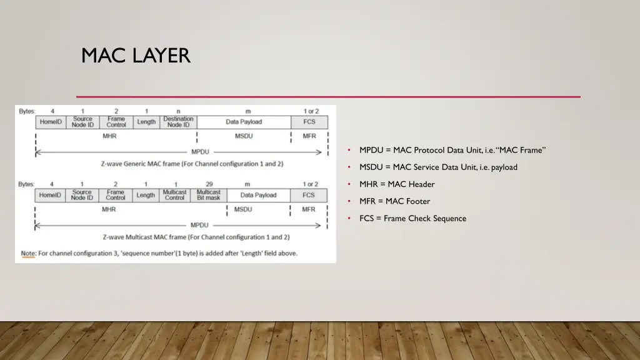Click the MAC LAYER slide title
click(136, 56)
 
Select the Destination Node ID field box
click(178, 122)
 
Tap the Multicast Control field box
click(174, 195)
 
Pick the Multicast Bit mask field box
click(209, 195)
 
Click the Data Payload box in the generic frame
click(244, 122)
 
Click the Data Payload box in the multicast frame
click(258, 195)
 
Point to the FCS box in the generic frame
click(309, 122)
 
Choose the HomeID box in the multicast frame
click(50, 195)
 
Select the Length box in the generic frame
click(146, 122)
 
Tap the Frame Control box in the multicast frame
click(115, 195)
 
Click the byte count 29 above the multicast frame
click(209, 184)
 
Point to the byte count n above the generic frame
click(178, 111)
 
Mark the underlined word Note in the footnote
click(28, 253)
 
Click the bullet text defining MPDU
click(452, 150)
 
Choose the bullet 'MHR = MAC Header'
click(397, 184)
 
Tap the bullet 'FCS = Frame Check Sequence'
click(412, 218)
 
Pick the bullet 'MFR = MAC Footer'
click(394, 201)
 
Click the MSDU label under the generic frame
click(244, 136)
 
